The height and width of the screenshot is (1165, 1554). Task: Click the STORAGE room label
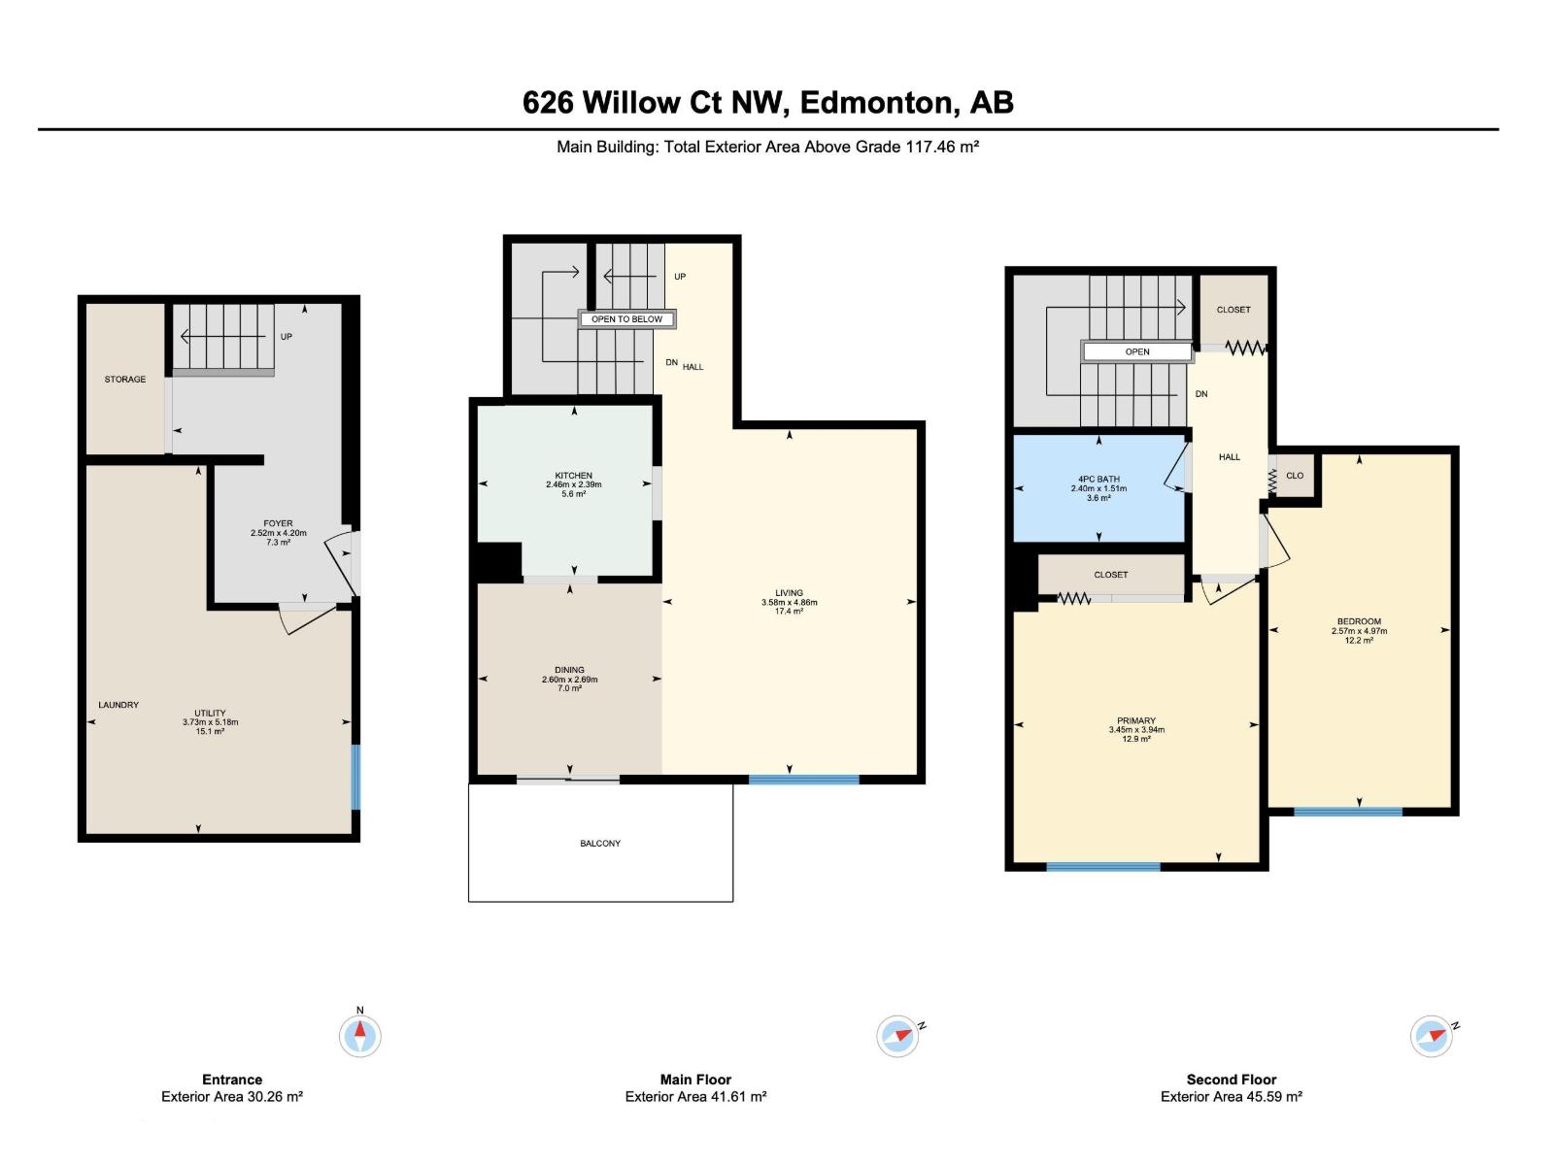(x=124, y=380)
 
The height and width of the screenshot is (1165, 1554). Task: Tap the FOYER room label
(x=278, y=523)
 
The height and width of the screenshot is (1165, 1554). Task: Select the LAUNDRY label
(x=118, y=705)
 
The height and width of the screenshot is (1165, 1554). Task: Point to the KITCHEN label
(x=573, y=476)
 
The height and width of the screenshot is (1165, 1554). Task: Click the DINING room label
(x=569, y=670)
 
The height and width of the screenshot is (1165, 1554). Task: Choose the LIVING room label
(x=789, y=593)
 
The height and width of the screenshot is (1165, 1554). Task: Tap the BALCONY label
(x=599, y=843)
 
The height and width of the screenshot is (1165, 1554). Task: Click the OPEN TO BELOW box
(x=626, y=319)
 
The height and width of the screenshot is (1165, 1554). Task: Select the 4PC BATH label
(x=1098, y=479)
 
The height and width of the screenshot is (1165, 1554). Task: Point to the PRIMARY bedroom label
(x=1136, y=720)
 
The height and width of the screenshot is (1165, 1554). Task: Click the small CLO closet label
(x=1294, y=476)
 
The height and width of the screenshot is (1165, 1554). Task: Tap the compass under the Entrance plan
(x=359, y=1036)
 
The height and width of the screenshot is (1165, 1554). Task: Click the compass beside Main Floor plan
(x=897, y=1036)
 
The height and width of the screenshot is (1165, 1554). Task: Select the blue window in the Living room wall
(x=803, y=780)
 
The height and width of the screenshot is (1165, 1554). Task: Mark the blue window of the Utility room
(x=356, y=777)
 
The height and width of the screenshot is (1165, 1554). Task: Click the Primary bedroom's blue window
(x=1102, y=867)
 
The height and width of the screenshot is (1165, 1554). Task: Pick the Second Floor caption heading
(x=1232, y=1080)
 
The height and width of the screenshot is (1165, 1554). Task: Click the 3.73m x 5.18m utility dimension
(x=210, y=722)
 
